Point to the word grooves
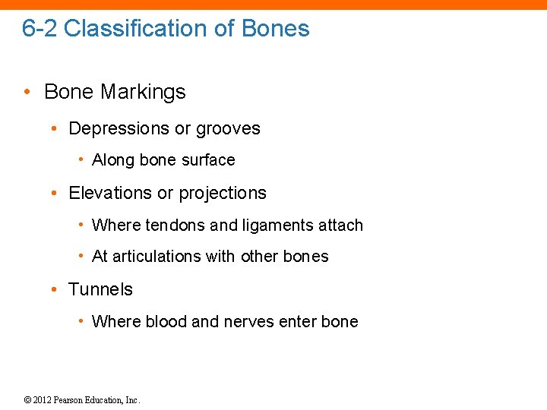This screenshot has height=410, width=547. coord(228,129)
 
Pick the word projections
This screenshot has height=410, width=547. coord(223,194)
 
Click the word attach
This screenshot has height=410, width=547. coord(343,225)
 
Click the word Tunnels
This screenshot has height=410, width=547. coord(100,290)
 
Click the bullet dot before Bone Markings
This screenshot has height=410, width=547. coord(27,93)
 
